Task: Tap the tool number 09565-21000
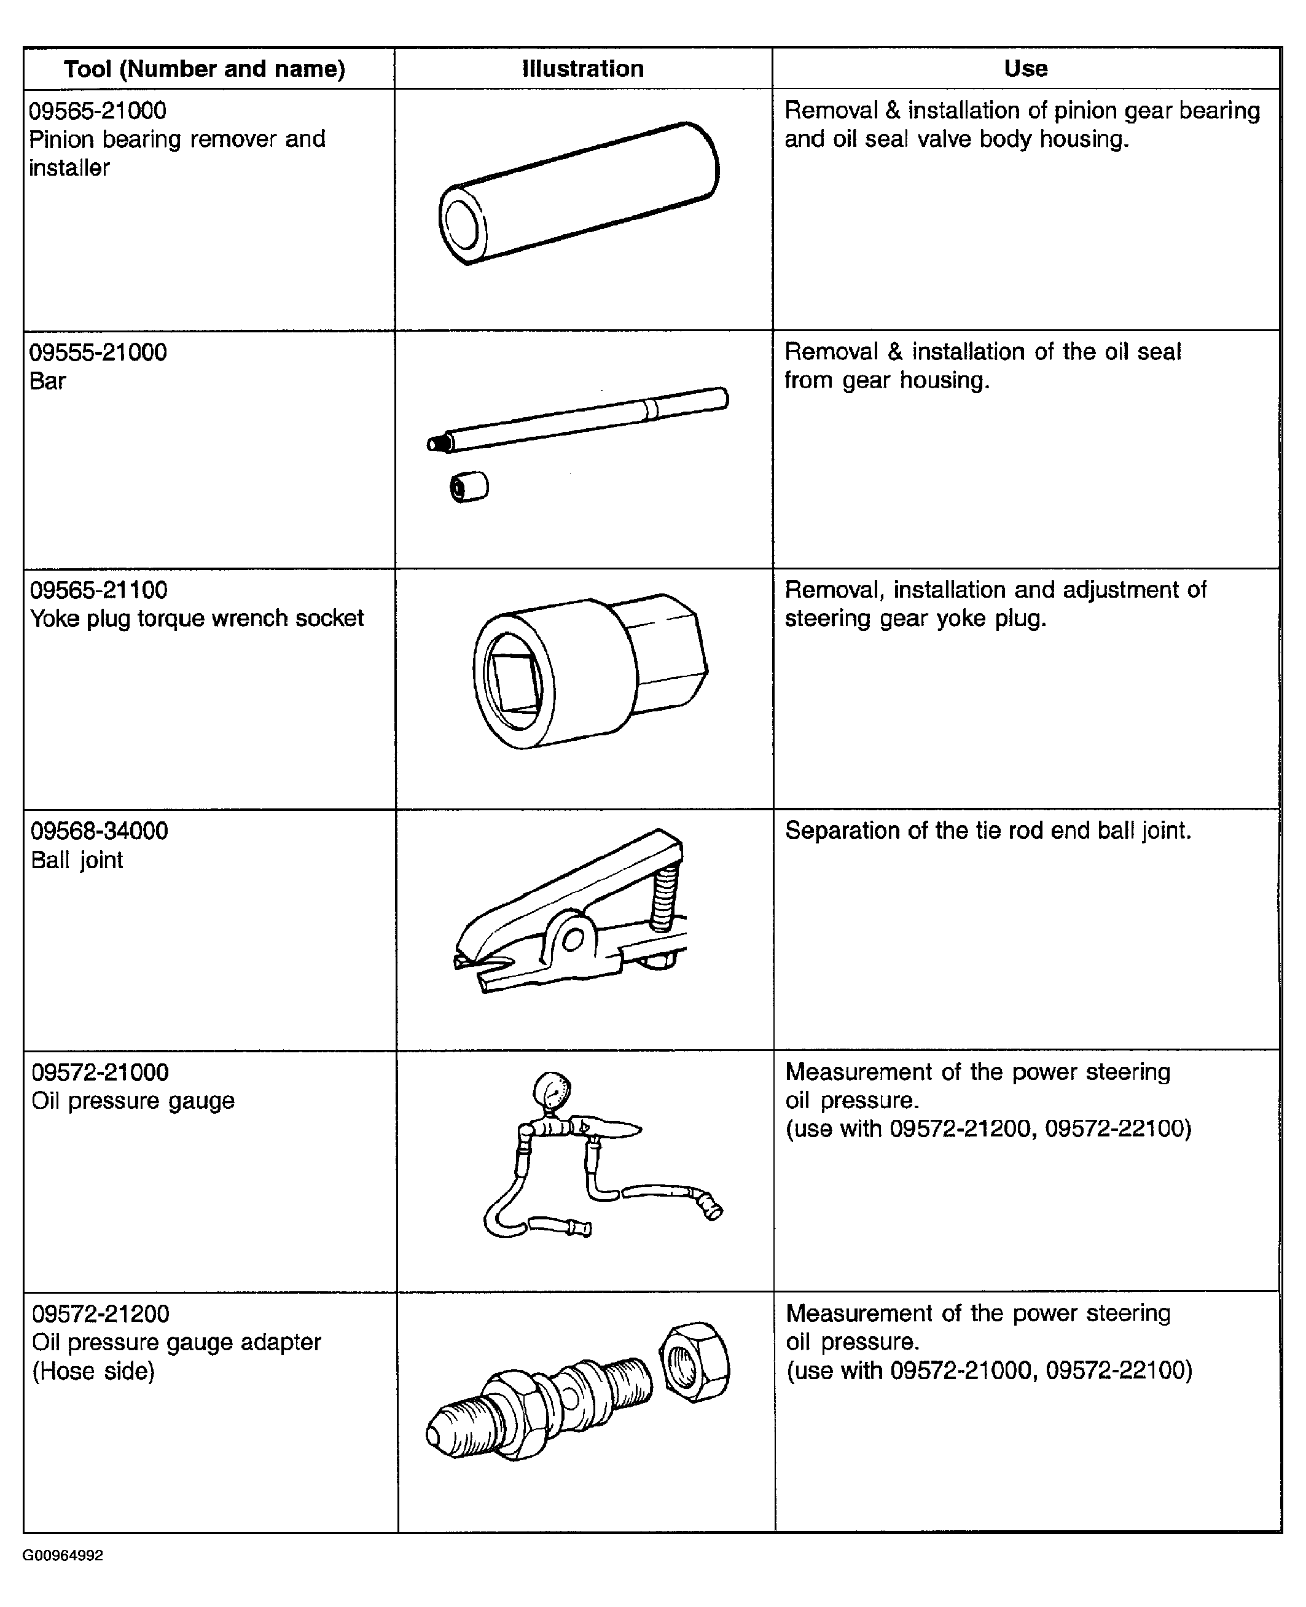(x=98, y=111)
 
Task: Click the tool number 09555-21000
(x=98, y=353)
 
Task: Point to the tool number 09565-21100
(x=98, y=590)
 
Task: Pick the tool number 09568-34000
(x=100, y=831)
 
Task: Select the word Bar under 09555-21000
(x=47, y=381)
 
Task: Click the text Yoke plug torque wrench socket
(x=197, y=619)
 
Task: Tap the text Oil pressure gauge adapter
(x=176, y=1342)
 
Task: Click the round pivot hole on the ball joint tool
(x=573, y=938)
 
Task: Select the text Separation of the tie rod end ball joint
(x=988, y=831)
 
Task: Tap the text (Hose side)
(x=93, y=1370)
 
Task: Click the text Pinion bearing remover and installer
(x=176, y=154)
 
